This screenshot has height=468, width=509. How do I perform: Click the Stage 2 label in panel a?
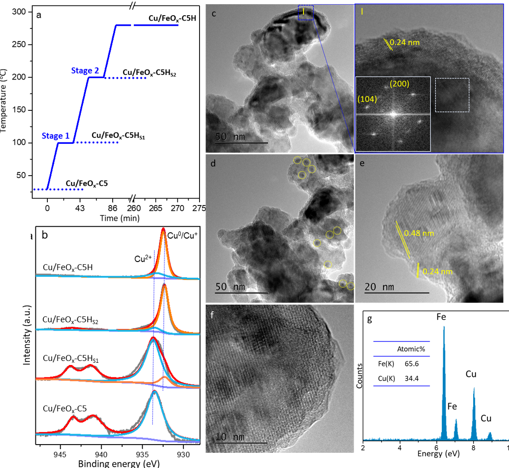85,70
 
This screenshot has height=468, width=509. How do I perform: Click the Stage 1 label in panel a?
56,136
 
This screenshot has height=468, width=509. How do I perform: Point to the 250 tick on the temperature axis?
22,45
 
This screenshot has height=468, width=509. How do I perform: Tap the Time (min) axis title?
120,219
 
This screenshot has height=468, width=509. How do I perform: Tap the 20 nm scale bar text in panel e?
380,287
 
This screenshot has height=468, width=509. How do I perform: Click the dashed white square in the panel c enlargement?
452,95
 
